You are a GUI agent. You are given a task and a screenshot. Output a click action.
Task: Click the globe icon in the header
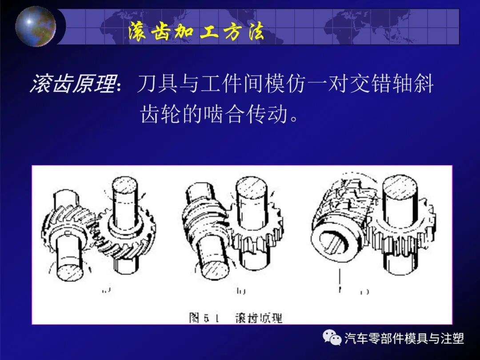pyautogui.click(x=36, y=26)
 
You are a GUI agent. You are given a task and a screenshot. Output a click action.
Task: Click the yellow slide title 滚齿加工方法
pyautogui.click(x=196, y=32)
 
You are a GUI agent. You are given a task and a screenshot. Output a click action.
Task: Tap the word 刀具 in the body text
pyautogui.click(x=154, y=84)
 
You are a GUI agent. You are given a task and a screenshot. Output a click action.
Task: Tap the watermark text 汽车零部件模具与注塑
pyautogui.click(x=404, y=339)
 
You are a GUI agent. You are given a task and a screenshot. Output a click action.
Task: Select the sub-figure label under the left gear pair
pyautogui.click(x=106, y=291)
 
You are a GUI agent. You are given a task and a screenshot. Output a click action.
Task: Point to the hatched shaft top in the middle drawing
pyautogui.click(x=251, y=186)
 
